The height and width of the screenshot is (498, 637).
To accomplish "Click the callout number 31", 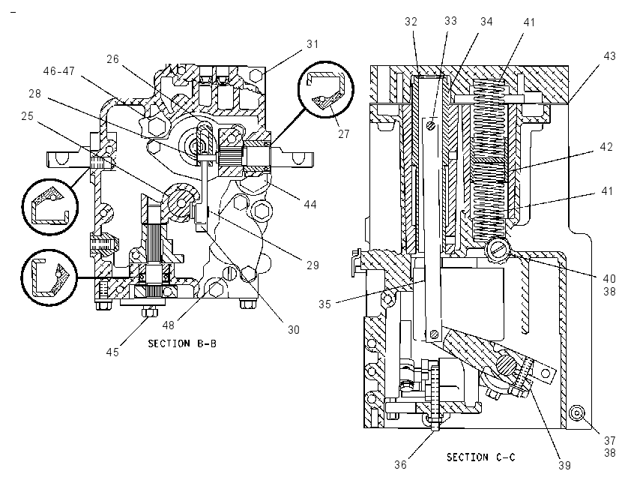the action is coord(313,44).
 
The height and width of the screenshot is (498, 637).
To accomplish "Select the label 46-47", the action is coord(59,71).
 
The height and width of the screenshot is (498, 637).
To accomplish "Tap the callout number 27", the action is coord(344,133).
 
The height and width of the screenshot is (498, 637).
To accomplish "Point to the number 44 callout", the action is coord(310,204).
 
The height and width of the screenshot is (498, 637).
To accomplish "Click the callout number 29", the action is coord(313,265).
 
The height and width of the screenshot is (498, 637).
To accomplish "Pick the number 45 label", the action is coord(112,352).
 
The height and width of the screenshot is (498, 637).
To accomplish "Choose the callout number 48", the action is coord(168,325).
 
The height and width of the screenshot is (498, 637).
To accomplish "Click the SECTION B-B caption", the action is coord(182,344).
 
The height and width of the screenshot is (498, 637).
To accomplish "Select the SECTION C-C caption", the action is coord(481,457).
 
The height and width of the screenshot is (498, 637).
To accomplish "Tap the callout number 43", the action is coord(609,56).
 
